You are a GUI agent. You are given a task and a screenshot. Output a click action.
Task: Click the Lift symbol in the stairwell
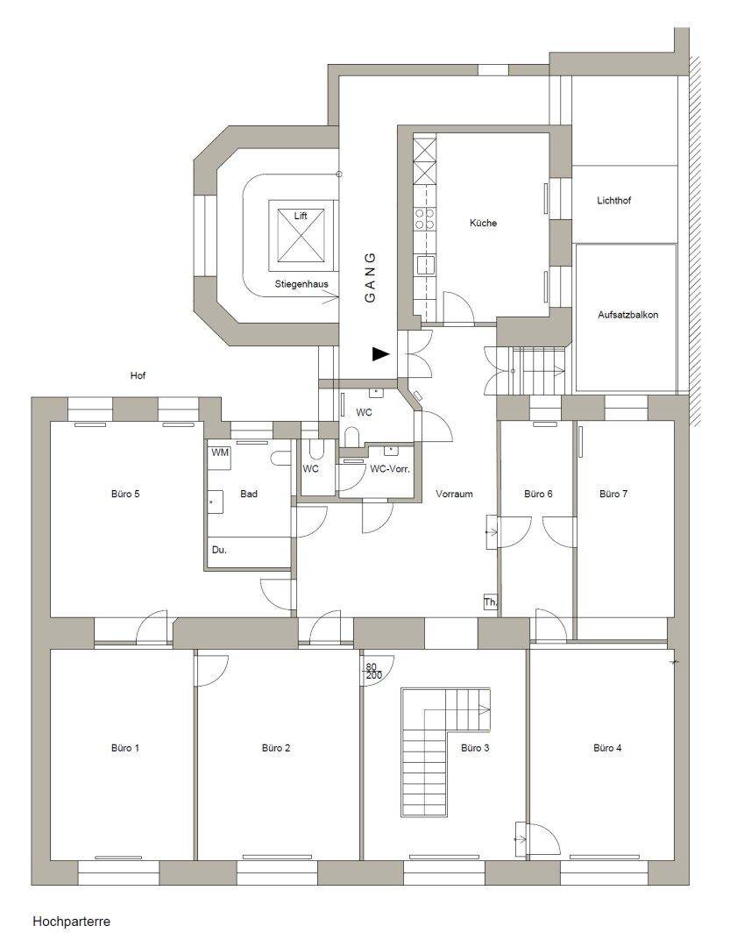[x=301, y=235]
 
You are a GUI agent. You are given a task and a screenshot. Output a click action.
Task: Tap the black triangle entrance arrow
[x=379, y=354]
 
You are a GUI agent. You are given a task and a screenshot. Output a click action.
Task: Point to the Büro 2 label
[x=276, y=748]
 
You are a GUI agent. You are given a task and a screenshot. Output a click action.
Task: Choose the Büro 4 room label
[x=607, y=748]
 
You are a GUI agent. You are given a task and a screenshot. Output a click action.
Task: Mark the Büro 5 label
[x=125, y=494]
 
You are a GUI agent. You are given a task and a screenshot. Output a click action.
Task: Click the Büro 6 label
[x=538, y=494]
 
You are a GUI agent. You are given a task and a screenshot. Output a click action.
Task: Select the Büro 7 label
[x=613, y=494]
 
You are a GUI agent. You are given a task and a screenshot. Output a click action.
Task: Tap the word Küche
[x=483, y=223]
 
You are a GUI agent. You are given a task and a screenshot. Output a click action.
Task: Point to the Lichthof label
[x=613, y=201]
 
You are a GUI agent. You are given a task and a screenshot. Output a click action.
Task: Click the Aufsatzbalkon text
[x=627, y=313]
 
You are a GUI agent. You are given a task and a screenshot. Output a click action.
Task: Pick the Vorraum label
[x=454, y=494]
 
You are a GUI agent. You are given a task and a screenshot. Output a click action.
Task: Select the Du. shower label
[x=219, y=550]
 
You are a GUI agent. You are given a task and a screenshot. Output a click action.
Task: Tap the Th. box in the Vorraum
[x=490, y=602]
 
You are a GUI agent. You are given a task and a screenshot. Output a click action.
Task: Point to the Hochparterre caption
[x=71, y=922]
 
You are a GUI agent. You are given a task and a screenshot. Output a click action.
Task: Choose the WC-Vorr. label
[x=390, y=469]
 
